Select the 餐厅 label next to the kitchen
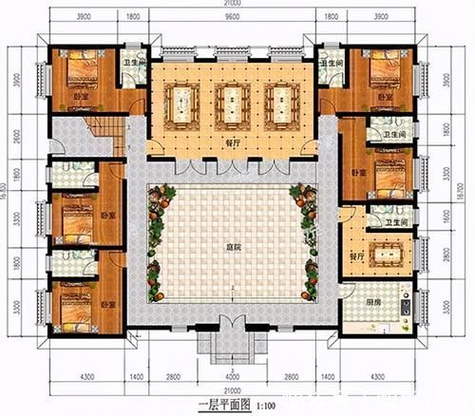pos(357,257)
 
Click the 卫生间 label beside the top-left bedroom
pos(134,64)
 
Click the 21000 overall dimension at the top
pos(231,6)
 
